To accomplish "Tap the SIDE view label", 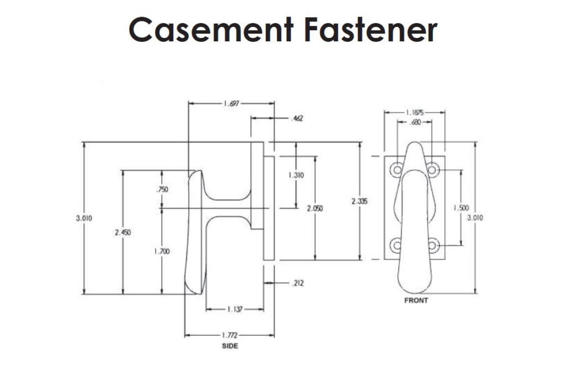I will click(x=230, y=346).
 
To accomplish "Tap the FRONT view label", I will click(x=415, y=300).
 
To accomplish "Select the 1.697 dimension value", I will click(x=232, y=103).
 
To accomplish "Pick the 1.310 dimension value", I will click(x=296, y=175).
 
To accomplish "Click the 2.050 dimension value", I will click(x=315, y=208).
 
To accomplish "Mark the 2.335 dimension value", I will click(x=360, y=201).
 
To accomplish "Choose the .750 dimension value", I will click(x=162, y=189).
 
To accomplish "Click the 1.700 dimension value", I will click(x=162, y=251).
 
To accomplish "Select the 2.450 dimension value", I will click(x=122, y=233).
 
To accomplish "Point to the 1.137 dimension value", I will click(x=234, y=309).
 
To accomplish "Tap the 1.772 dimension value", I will click(x=230, y=335).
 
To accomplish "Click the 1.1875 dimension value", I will click(x=415, y=112).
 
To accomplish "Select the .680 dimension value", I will click(x=415, y=122).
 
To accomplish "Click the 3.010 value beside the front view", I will click(x=476, y=218).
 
